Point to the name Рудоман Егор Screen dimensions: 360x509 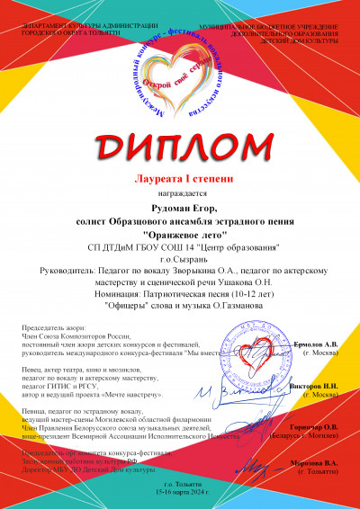click(181, 207)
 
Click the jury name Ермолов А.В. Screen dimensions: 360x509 click(319, 345)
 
